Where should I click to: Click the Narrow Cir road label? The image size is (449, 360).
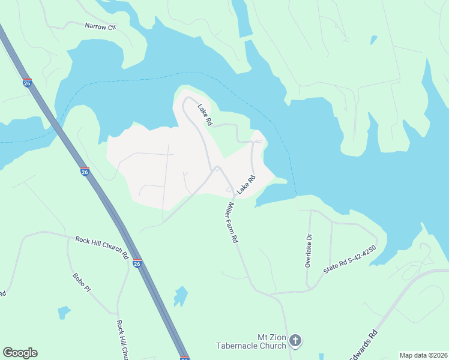point(100,26)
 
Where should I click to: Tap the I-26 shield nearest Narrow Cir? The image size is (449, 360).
point(27,83)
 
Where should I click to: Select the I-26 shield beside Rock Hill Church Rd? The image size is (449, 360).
point(137,263)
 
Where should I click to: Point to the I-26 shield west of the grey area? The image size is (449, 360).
point(85,172)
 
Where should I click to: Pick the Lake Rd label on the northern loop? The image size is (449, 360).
point(205,114)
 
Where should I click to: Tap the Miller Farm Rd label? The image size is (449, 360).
point(232,222)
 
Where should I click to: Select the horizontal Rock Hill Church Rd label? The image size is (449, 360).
point(102,247)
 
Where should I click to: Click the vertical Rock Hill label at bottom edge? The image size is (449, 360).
point(123,339)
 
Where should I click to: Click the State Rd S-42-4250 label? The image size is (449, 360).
point(349,259)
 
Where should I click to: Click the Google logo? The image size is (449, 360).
point(20,353)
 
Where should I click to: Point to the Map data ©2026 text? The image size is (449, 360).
point(423,355)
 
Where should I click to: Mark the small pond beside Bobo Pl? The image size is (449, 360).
point(64,312)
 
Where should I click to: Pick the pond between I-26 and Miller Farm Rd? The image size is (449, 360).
point(180,296)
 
